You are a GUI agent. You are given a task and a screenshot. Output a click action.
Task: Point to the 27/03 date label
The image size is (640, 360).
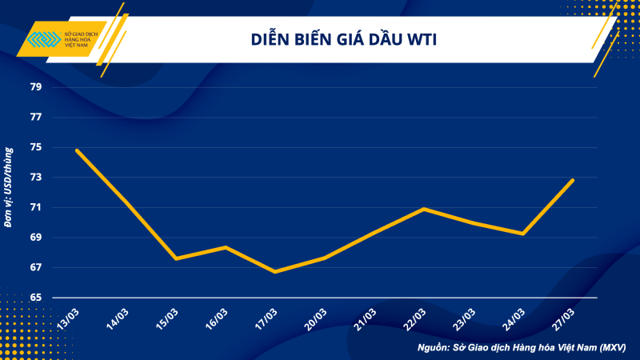[563, 317]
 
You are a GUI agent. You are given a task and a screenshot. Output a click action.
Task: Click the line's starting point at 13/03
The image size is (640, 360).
[77, 150]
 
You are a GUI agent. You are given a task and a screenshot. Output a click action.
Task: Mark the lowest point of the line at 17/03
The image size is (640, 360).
[275, 272]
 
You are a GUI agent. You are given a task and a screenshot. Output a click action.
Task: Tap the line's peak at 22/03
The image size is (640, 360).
[424, 209]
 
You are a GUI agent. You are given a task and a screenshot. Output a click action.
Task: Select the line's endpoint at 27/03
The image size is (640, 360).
[573, 180]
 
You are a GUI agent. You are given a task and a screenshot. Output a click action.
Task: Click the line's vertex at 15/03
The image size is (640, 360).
[176, 258]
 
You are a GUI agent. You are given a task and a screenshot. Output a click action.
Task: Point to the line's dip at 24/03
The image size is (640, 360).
[523, 234]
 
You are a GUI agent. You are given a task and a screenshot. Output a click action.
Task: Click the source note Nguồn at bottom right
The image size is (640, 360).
[521, 348]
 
